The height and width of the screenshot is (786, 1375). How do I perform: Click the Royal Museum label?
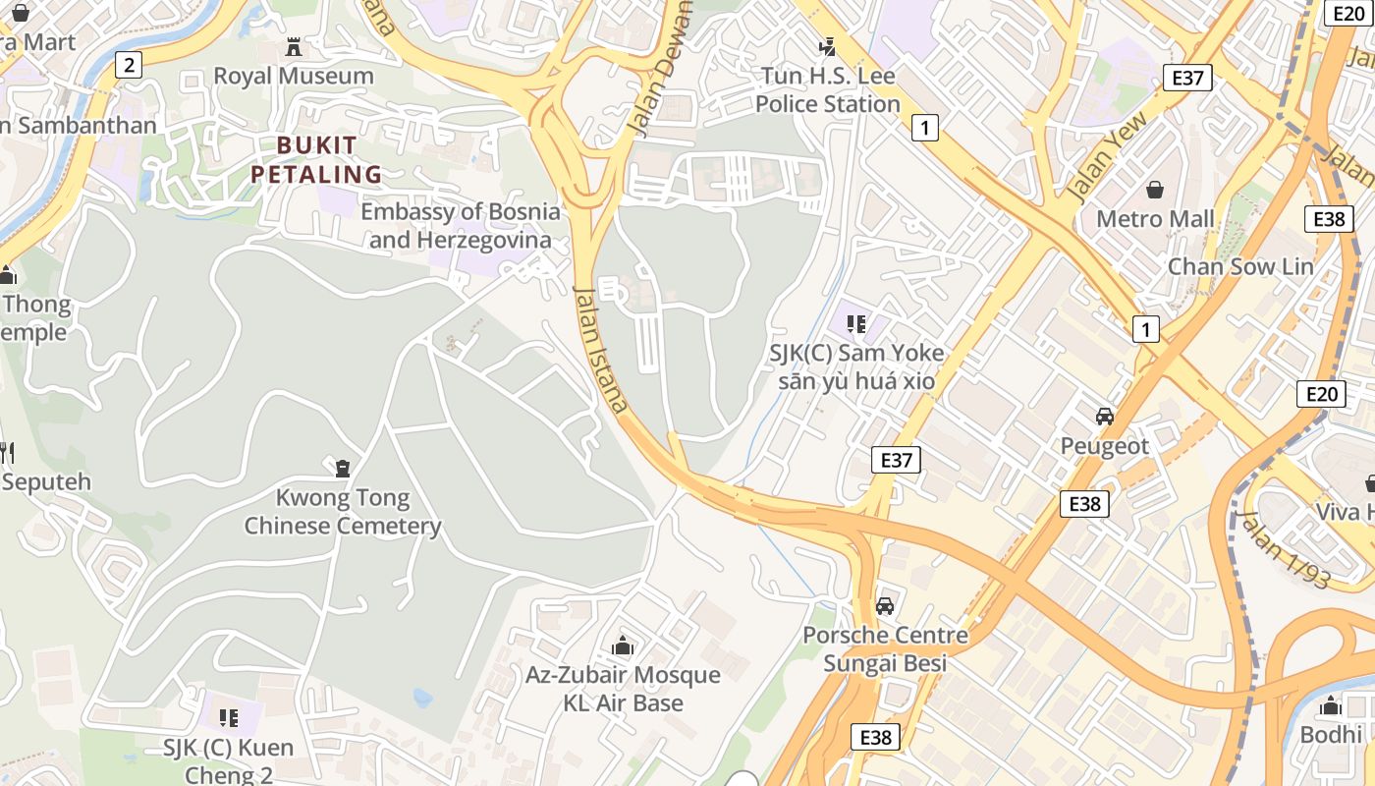[x=294, y=76]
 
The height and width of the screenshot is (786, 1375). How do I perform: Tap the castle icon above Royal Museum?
[x=293, y=46]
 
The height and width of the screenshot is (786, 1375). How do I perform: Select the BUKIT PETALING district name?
[x=315, y=160]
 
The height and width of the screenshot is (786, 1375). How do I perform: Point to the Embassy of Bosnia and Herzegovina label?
[x=460, y=225]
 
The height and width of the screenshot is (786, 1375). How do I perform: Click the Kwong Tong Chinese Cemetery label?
[x=343, y=512]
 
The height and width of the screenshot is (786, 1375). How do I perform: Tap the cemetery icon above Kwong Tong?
[x=343, y=469]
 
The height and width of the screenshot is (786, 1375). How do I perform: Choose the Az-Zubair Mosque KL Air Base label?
[x=623, y=689]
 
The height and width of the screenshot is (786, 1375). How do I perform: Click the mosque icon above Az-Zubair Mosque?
[x=623, y=646]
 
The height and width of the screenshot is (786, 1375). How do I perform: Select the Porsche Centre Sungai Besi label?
[x=885, y=648]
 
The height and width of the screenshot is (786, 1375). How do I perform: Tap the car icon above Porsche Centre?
[x=885, y=606]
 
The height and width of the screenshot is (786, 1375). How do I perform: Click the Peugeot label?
[x=1104, y=446]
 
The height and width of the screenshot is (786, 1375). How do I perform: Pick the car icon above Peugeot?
[x=1105, y=416]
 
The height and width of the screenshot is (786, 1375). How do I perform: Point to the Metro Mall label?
[x=1155, y=218]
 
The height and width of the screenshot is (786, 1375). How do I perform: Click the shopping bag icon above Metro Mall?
[x=1155, y=188]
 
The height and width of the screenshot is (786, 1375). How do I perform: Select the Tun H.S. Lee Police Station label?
[x=827, y=89]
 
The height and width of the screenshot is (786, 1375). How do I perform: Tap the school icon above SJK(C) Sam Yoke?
[x=855, y=322]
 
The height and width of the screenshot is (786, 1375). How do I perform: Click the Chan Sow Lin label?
[x=1239, y=266]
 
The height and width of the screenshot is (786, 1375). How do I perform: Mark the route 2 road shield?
[x=128, y=66]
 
